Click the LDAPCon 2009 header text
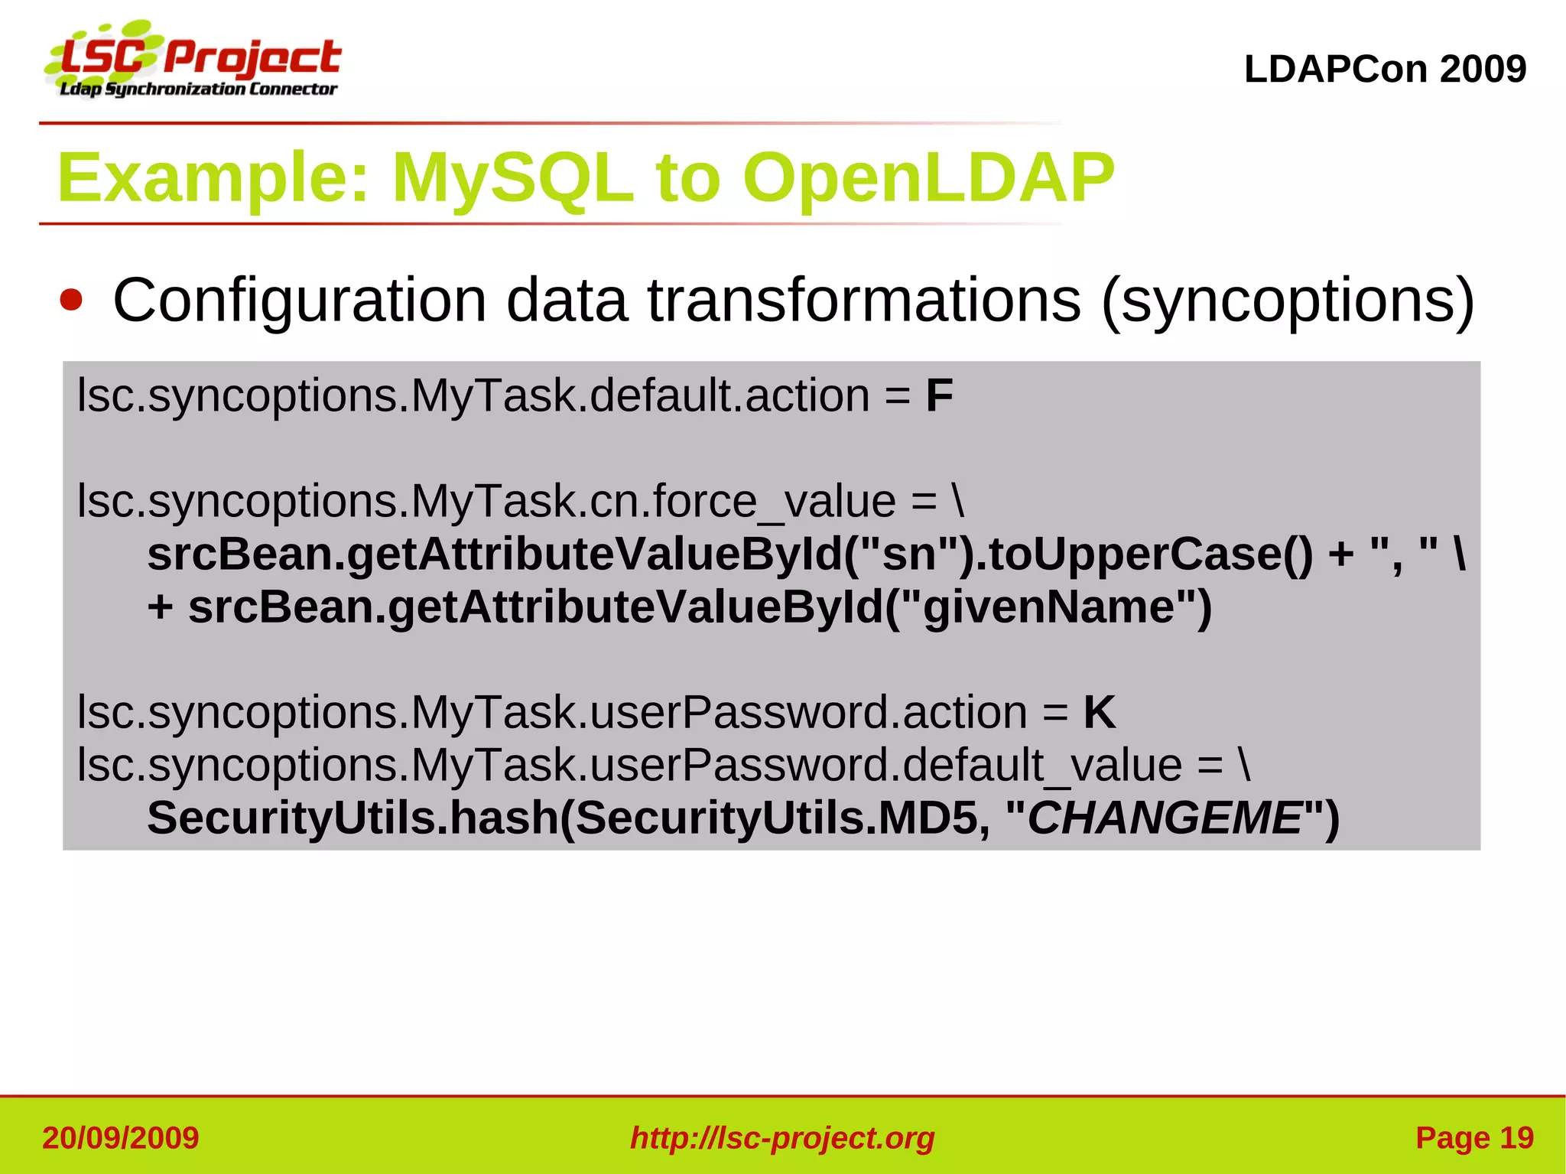(x=1385, y=70)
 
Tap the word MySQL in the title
(x=512, y=178)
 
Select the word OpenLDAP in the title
(x=928, y=178)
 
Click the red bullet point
(x=71, y=300)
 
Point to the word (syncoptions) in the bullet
(x=1287, y=301)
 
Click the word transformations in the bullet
(x=864, y=300)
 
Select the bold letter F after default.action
(x=939, y=396)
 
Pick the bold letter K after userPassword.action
(x=1099, y=713)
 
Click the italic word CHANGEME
(x=1164, y=818)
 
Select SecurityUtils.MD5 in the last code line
(x=776, y=818)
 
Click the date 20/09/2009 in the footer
(x=120, y=1138)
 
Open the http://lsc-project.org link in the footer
(x=782, y=1138)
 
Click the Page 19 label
(x=1474, y=1138)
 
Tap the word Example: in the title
(x=214, y=178)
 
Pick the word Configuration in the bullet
(x=300, y=301)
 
